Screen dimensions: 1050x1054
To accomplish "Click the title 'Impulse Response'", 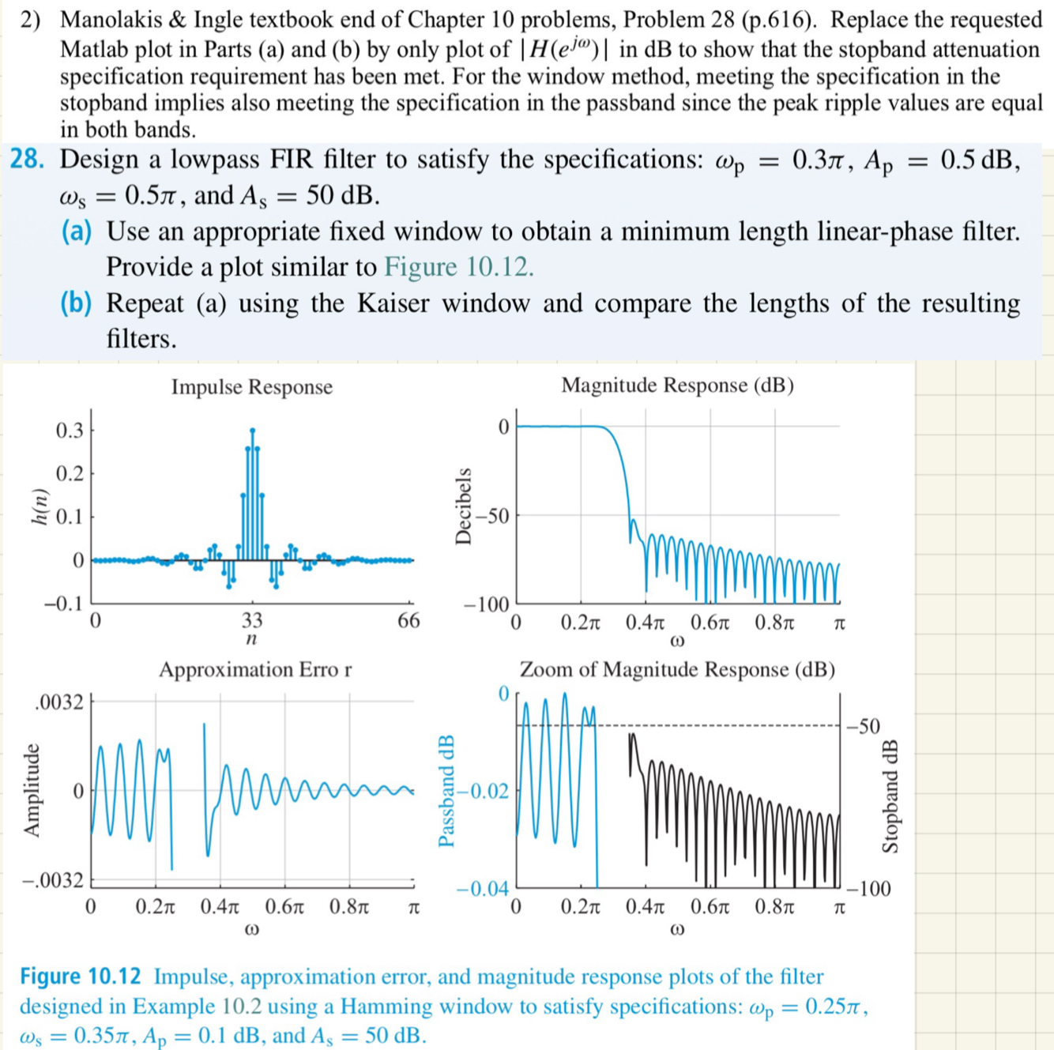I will [251, 387].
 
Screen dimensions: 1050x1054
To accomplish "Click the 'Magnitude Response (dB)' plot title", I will [677, 386].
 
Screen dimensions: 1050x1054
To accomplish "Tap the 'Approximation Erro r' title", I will [254, 670].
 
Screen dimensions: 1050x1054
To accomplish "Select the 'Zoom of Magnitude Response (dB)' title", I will [677, 670].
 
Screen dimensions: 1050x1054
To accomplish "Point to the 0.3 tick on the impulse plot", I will [70, 431].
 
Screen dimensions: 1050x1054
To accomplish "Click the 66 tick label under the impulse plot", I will [408, 620].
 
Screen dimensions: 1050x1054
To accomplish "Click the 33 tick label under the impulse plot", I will [252, 620].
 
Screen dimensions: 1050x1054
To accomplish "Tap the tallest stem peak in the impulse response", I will [252, 431].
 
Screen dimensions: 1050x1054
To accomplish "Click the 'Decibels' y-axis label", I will [464, 506].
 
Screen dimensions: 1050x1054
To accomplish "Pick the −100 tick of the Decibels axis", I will [487, 606].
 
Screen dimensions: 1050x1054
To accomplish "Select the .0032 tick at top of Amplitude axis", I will [59, 702].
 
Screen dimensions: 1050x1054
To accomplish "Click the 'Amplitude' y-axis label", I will [32, 790].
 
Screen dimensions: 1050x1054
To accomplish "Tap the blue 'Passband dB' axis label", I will [446, 790].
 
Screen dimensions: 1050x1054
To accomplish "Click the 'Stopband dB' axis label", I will [890, 796].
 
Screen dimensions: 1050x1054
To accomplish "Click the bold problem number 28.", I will [27, 160].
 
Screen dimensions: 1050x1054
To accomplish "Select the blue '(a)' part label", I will [76, 231].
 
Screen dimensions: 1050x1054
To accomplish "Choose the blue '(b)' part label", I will [76, 303].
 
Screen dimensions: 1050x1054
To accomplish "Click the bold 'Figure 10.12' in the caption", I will [81, 977].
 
